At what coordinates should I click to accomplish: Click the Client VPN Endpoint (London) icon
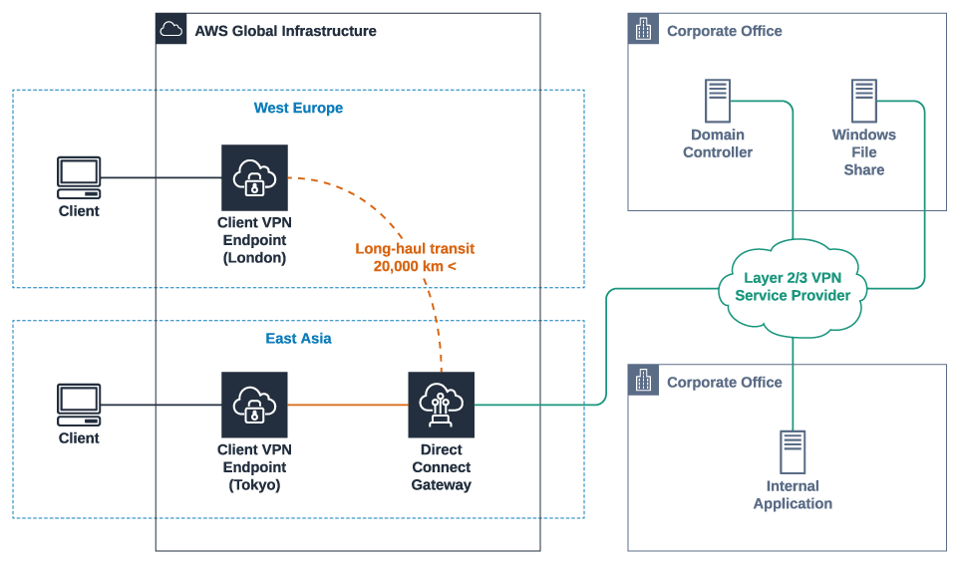(254, 177)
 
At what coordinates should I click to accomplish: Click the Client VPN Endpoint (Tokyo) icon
(254, 405)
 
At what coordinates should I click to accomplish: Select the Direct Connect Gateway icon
(441, 405)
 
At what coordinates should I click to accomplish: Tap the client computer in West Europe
(79, 177)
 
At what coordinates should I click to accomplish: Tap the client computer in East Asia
(79, 405)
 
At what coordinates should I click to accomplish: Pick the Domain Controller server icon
(717, 102)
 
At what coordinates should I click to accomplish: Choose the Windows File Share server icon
(863, 102)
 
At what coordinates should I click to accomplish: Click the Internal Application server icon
(793, 451)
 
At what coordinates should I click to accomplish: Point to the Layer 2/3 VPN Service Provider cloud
(793, 286)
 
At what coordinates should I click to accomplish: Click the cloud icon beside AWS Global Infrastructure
(171, 30)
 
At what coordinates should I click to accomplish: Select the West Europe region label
(298, 108)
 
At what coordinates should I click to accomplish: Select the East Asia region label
(298, 338)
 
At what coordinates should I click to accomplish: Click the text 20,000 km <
(415, 266)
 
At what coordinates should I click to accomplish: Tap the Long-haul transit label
(415, 248)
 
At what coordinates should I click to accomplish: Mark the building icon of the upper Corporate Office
(643, 30)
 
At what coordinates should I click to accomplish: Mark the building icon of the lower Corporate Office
(643, 381)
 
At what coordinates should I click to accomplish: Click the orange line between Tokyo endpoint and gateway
(348, 405)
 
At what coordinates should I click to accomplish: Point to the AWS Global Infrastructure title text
(285, 31)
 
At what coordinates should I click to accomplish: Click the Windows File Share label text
(863, 152)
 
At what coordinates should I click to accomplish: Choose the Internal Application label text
(793, 495)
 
